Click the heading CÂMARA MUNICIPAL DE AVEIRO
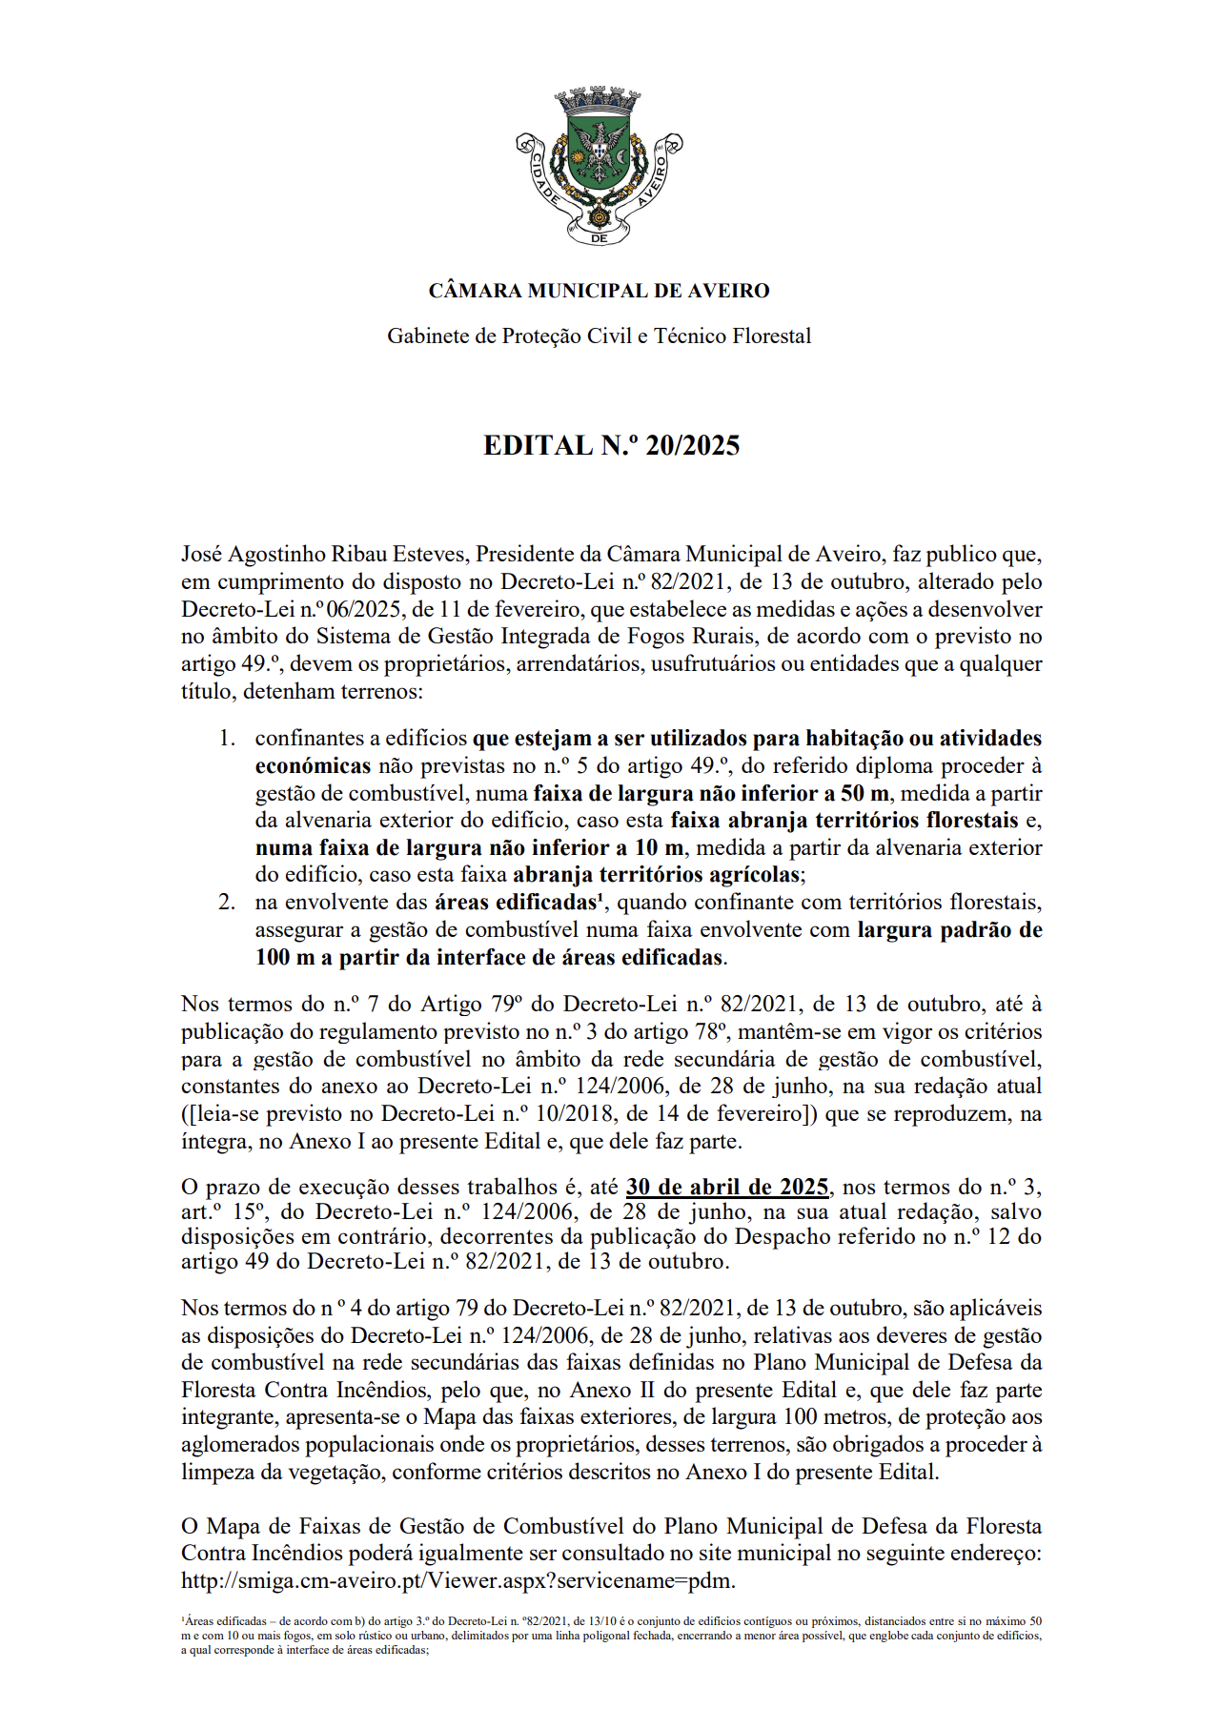coord(599,291)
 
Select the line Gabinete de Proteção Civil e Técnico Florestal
coord(599,336)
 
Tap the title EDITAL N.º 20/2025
coord(611,445)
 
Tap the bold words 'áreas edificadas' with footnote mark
coord(519,902)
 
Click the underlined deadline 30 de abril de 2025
coord(727,1187)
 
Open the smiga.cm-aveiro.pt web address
coord(457,1580)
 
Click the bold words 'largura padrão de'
coord(949,929)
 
